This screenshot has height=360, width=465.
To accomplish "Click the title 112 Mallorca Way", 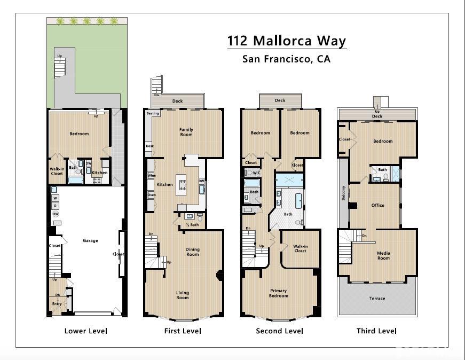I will coord(286,41).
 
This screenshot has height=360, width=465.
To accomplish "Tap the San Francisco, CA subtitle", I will coord(286,59).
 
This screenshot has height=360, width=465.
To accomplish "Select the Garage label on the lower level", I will coord(90,240).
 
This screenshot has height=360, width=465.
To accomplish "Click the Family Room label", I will coord(186,132).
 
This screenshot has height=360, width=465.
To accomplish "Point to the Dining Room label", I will coord(192,252).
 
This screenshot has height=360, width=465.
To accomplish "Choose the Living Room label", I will coord(183,295).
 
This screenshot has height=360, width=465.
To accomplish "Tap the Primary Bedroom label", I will coord(278,293).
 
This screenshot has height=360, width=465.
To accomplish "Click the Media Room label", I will coord(383,256).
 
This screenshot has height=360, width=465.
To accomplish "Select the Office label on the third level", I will coord(378,205).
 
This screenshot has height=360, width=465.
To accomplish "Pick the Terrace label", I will coord(377,298).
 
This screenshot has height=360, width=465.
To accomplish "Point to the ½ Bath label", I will coord(192,225).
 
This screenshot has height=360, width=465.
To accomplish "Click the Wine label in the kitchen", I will coord(151,175).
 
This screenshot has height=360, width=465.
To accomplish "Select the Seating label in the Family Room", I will coord(153,113).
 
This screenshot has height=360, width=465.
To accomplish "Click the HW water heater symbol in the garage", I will coord(55,214).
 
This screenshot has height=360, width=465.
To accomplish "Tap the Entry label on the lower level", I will coord(57,303).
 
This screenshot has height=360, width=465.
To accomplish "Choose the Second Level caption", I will coord(279,331).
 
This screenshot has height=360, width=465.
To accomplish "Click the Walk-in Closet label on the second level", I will coord(300,248).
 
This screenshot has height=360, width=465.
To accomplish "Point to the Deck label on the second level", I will coord(280,100).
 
